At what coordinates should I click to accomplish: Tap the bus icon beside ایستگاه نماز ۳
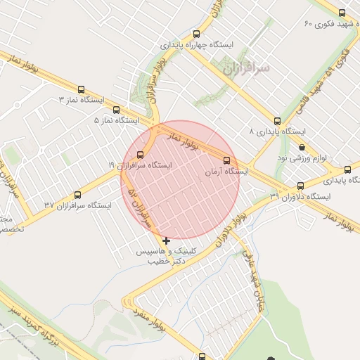coord(82,90)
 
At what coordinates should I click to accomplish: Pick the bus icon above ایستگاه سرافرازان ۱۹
coord(141,155)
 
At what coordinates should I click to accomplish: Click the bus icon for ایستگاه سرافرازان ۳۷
coord(77,195)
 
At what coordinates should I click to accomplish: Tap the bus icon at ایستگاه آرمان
coord(226,160)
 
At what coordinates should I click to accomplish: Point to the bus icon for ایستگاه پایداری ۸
coord(277,121)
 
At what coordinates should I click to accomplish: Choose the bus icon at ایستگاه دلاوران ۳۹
coord(301,186)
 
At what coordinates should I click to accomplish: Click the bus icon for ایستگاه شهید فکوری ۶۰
coord(342,13)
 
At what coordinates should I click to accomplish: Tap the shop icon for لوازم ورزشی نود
coord(302,147)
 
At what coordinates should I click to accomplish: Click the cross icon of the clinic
coord(166,241)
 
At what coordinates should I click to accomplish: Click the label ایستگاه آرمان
coord(226,171)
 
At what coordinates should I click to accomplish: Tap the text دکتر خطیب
coord(166,261)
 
